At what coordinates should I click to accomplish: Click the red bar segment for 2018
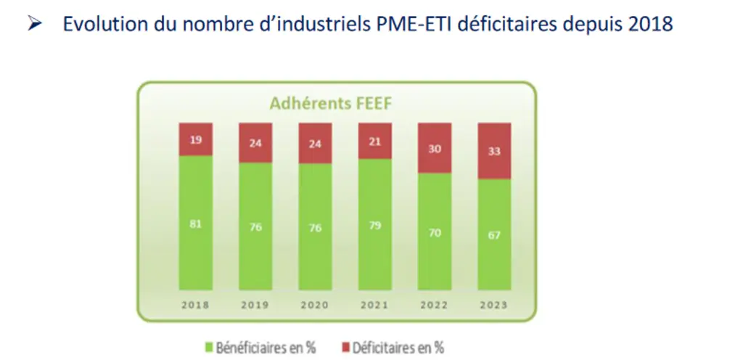(x=196, y=139)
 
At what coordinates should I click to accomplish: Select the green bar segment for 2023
(x=494, y=234)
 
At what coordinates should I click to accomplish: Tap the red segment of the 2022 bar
(x=435, y=148)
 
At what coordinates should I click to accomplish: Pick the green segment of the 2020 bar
(x=315, y=227)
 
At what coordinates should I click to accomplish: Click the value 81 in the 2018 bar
(x=196, y=224)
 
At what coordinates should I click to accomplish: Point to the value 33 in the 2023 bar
(x=494, y=152)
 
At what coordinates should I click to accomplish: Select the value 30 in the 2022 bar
(x=435, y=150)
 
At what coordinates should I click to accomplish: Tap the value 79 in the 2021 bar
(x=375, y=226)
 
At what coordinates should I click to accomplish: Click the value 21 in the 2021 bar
(x=375, y=141)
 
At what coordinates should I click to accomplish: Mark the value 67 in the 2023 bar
(x=494, y=235)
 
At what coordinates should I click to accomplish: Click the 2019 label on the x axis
(x=255, y=305)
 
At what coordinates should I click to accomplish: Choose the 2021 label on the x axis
(x=374, y=305)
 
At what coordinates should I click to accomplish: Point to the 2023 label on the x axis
(x=493, y=305)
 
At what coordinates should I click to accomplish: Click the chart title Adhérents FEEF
(x=331, y=104)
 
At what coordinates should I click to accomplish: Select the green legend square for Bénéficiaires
(x=209, y=348)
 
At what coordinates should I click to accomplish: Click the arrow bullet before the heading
(x=35, y=24)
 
